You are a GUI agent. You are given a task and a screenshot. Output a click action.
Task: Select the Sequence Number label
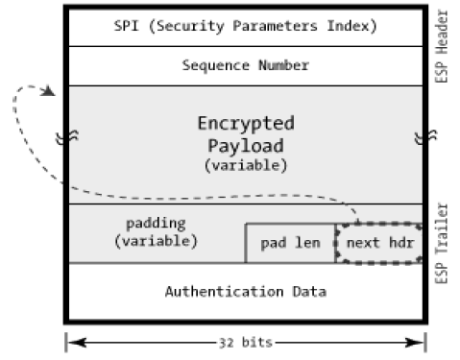click(245, 66)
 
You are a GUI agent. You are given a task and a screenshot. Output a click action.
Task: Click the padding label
click(156, 223)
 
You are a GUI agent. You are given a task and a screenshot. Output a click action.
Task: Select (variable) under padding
click(156, 240)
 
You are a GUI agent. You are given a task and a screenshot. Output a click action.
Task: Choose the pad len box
click(290, 244)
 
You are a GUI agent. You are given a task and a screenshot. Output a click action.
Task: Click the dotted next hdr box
click(379, 244)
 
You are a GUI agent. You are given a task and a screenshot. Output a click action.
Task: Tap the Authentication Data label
click(245, 290)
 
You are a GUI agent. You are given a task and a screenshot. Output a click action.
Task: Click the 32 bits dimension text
click(245, 340)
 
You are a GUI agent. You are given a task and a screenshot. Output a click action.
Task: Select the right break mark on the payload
click(420, 137)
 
